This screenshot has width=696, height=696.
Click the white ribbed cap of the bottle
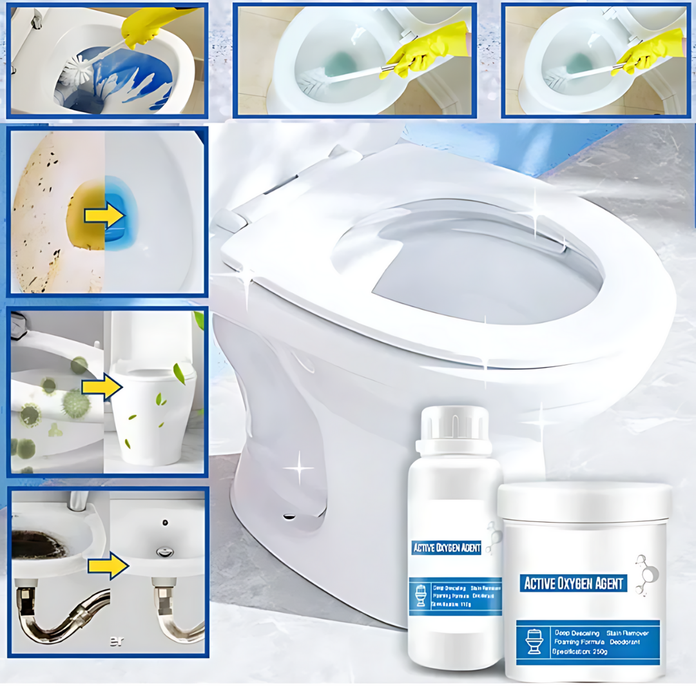click(454, 421)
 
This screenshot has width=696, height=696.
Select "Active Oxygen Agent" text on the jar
click(573, 584)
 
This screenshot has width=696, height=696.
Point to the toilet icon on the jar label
click(535, 641)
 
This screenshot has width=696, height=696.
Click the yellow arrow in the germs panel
click(102, 388)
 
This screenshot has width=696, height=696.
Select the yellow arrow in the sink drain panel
click(108, 565)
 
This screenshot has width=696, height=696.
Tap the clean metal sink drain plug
click(165, 552)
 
